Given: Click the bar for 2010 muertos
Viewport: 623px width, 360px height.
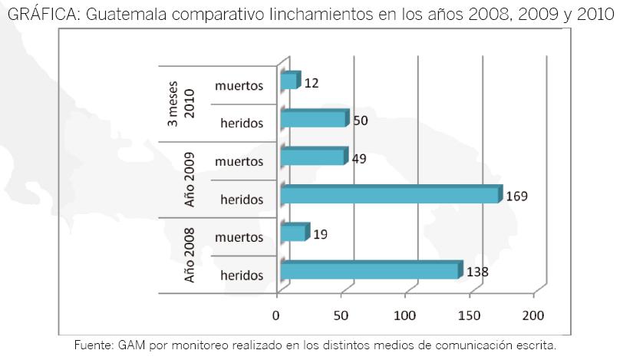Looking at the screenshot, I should (289, 81).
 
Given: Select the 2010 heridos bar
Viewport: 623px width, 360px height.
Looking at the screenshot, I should (314, 119).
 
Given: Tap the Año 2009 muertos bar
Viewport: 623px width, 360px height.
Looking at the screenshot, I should (313, 157).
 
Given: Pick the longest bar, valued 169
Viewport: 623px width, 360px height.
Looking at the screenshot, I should (390, 196).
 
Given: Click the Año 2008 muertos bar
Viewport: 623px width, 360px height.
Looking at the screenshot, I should (294, 233).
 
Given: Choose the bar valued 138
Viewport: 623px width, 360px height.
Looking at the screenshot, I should (371, 271).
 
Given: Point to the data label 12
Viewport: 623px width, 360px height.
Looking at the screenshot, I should (311, 82).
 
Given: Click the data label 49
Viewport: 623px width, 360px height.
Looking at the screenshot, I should (358, 159).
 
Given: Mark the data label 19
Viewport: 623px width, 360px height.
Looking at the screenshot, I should (321, 234).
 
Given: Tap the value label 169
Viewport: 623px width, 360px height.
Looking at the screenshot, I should (516, 197).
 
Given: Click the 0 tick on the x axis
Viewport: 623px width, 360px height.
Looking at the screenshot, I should (276, 315).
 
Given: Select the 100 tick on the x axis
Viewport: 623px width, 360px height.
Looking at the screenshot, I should (404, 315).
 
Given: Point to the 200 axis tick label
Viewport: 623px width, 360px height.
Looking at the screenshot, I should (532, 315).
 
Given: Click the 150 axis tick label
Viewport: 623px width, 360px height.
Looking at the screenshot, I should (468, 315).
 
